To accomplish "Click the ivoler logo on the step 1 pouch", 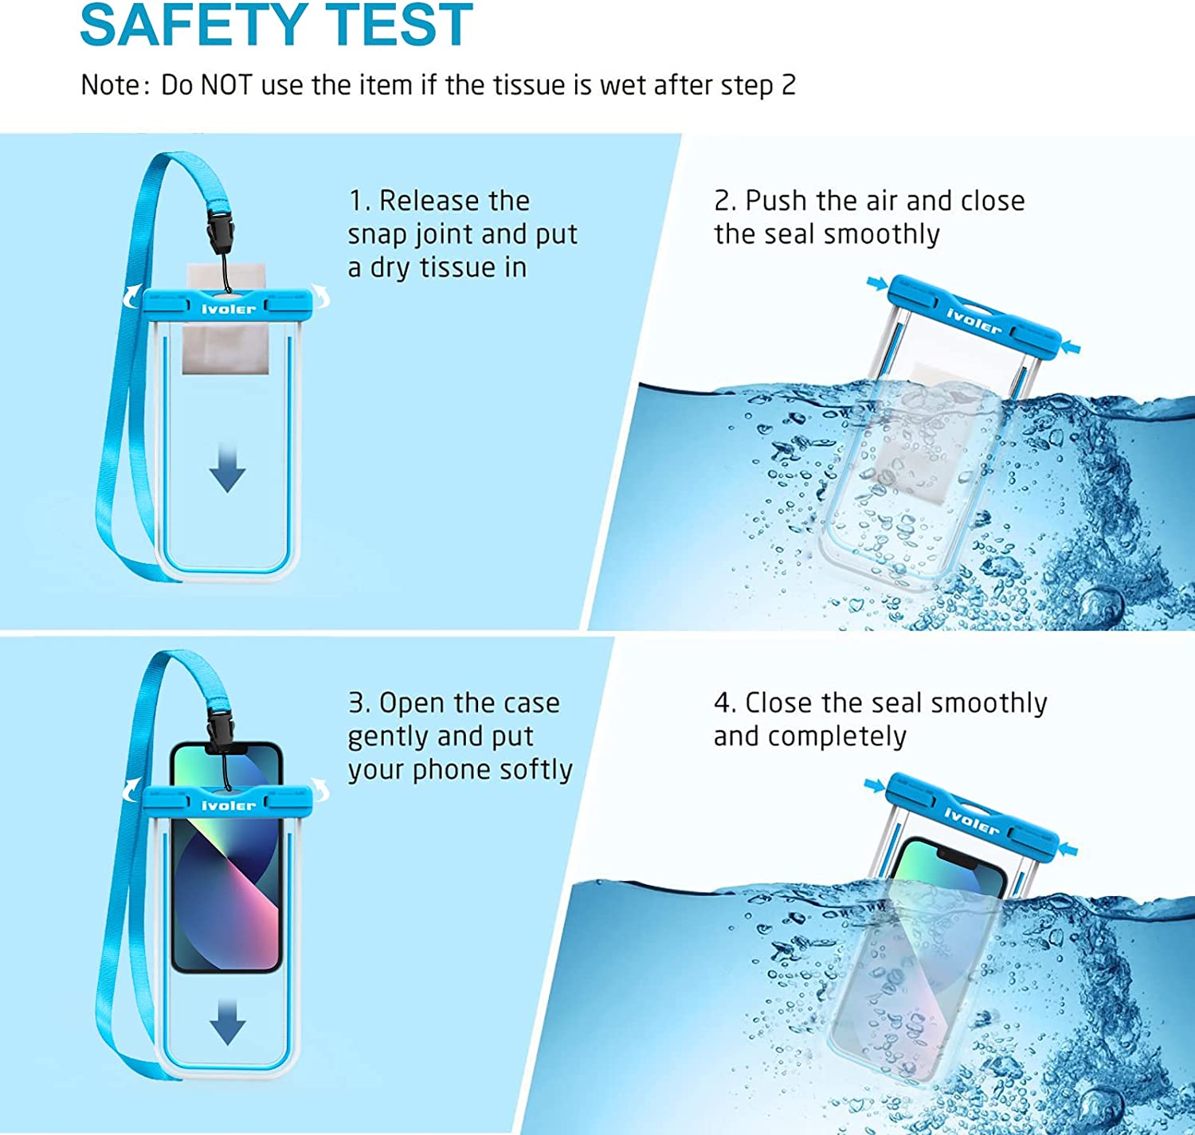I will coord(229,308).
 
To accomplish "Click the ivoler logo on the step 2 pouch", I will coord(974,320).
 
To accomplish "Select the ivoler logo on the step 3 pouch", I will coord(229,805).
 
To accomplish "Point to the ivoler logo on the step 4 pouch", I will coord(971,820).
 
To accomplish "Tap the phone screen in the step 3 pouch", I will coord(228,884).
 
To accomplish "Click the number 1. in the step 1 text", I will coord(359,201).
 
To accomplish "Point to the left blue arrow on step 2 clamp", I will coord(877,283).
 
